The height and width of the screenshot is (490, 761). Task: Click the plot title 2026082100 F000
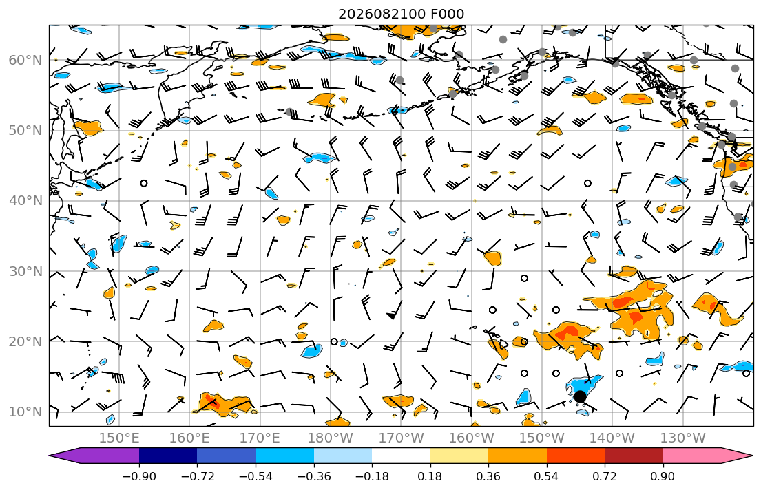click(x=401, y=14)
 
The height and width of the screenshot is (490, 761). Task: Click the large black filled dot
click(x=579, y=397)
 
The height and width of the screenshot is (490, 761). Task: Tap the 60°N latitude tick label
click(x=25, y=60)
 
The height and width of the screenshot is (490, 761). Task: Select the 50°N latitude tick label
click(x=25, y=131)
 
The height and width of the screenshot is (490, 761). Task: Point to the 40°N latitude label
click(x=25, y=201)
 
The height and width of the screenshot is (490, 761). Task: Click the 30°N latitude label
click(x=25, y=271)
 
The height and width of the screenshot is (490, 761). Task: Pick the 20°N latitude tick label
click(x=25, y=341)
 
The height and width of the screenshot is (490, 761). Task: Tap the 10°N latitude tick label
click(x=25, y=412)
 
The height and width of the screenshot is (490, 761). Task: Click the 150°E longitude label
click(x=119, y=438)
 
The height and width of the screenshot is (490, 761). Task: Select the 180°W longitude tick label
click(x=331, y=438)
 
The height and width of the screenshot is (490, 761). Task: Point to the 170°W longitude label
click(x=401, y=438)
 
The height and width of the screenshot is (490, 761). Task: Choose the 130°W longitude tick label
click(x=683, y=438)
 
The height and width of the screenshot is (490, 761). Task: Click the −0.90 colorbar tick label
click(x=139, y=476)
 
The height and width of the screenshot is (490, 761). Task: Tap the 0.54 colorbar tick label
click(x=547, y=476)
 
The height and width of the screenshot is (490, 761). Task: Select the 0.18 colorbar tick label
click(x=430, y=476)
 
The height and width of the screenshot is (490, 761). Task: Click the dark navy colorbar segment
click(x=168, y=456)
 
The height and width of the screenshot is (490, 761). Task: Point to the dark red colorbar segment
click(x=634, y=456)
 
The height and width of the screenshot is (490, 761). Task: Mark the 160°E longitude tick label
click(x=190, y=438)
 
